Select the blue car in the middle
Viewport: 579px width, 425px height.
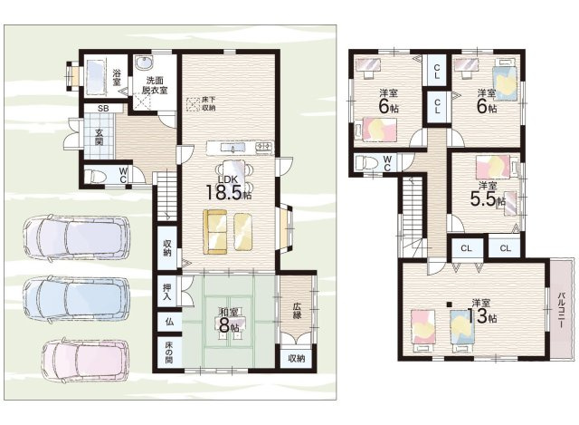76,300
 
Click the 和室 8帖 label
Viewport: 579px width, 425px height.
229,320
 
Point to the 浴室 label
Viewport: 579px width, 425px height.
117,76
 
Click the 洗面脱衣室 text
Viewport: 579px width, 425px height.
155,85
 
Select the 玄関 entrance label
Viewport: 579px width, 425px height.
99,137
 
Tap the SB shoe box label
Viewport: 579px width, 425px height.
103,109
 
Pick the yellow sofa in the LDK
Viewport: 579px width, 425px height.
215,232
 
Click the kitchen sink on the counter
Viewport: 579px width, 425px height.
233,148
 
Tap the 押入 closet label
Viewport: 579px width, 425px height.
166,292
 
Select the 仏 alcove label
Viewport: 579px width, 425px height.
169,322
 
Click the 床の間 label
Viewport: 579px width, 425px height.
167,352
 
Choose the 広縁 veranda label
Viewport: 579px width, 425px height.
298,311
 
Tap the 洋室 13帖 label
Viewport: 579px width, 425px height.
482,311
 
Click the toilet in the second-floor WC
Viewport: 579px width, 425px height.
365,163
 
